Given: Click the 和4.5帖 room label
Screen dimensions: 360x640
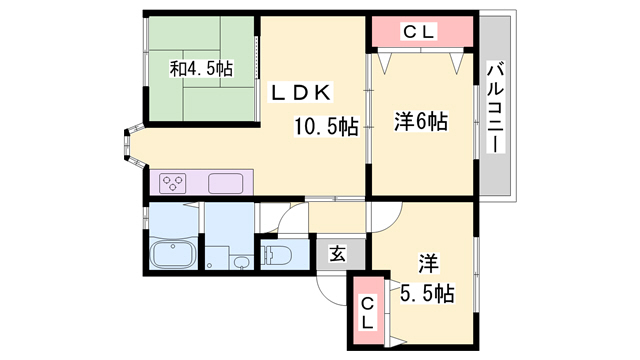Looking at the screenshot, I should tap(201, 69).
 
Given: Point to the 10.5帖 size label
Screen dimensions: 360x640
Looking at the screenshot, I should tap(325, 127).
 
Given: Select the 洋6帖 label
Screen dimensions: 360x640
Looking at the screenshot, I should tap(420, 122).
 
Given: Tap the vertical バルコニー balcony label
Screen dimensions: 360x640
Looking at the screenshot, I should tap(494, 107).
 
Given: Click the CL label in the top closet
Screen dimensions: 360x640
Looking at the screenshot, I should tap(420, 31).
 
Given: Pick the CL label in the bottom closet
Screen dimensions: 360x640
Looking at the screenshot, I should tap(367, 313).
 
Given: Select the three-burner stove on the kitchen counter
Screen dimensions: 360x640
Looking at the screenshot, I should tap(173, 183).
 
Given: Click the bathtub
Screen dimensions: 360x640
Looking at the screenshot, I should tap(173, 254).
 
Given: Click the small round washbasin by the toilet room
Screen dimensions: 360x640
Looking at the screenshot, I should tap(242, 262).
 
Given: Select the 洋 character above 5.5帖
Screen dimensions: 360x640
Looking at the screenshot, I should tap(428, 265).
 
